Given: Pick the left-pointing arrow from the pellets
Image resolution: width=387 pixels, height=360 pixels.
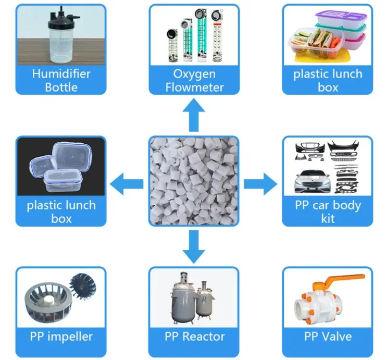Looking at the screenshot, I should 128,182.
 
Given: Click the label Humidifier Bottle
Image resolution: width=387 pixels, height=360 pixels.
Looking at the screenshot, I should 61,80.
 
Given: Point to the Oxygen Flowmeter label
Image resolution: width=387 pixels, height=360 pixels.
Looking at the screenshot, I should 194,80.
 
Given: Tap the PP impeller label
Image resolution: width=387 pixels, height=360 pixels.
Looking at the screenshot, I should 61,336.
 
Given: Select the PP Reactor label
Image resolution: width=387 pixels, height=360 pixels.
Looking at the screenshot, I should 194,336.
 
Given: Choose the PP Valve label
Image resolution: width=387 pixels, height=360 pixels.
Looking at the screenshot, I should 327,336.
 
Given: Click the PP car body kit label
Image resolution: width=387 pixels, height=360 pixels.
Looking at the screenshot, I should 327,211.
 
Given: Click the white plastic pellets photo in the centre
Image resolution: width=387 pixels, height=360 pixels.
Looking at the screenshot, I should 194,182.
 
